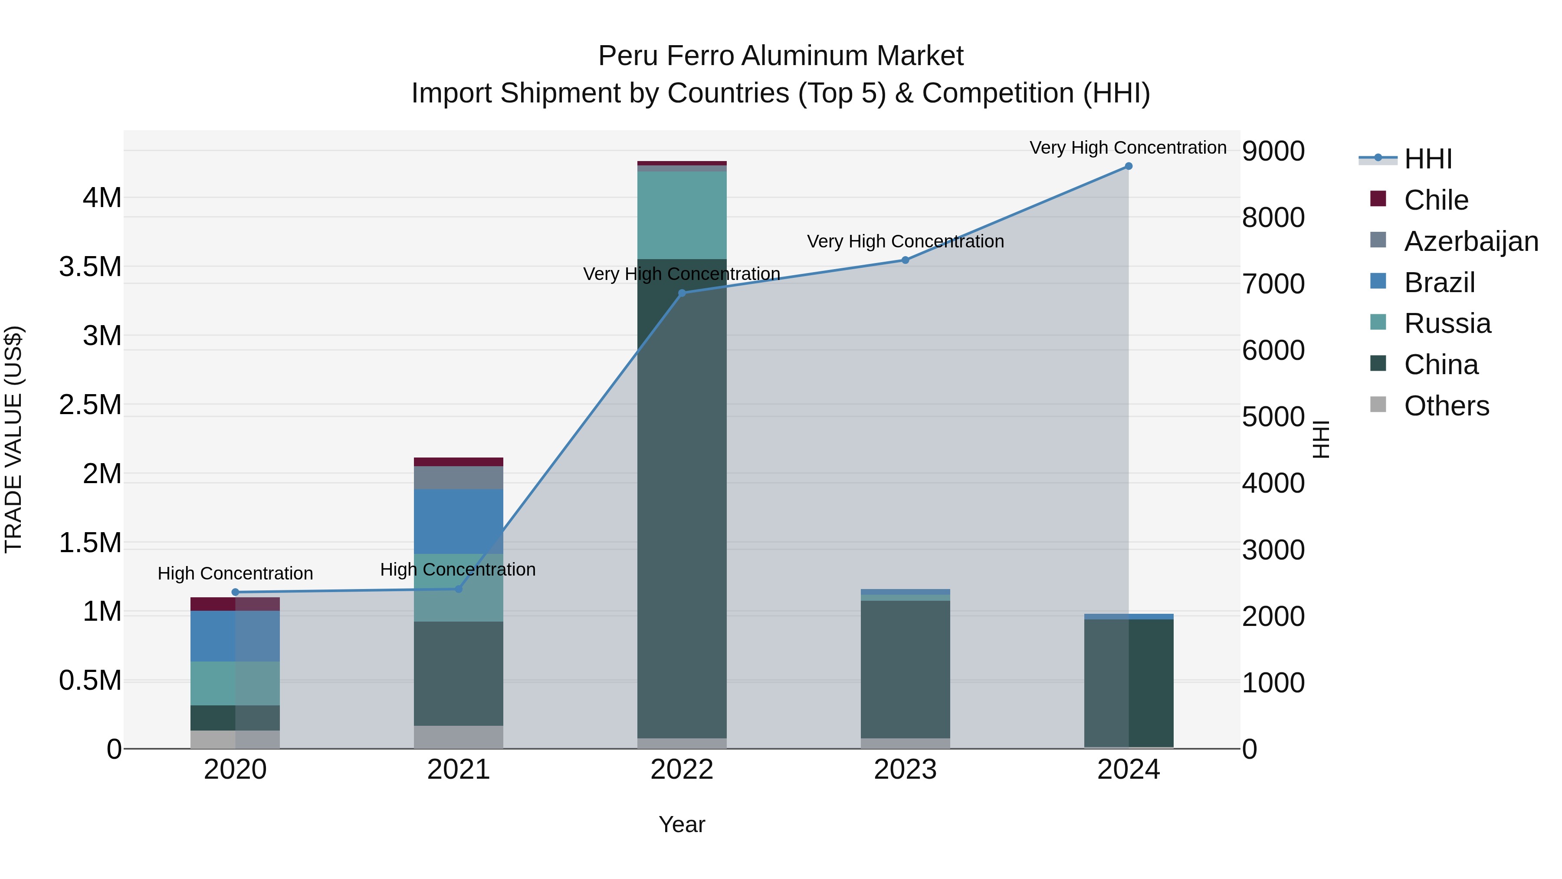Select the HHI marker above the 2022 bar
(x=682, y=293)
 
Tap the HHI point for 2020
(x=235, y=592)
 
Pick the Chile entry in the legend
(x=1436, y=200)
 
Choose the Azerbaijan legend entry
(x=1471, y=241)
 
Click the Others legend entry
(x=1446, y=406)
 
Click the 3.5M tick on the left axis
(x=90, y=267)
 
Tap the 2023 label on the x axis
(x=905, y=770)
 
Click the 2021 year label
(x=459, y=770)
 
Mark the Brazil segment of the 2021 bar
(x=459, y=522)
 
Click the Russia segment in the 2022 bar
(x=682, y=215)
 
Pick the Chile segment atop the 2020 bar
(x=235, y=604)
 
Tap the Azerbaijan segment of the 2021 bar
(x=459, y=478)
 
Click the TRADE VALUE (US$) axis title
(x=13, y=439)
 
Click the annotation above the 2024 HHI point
(x=1128, y=148)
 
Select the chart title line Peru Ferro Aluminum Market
(x=781, y=56)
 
